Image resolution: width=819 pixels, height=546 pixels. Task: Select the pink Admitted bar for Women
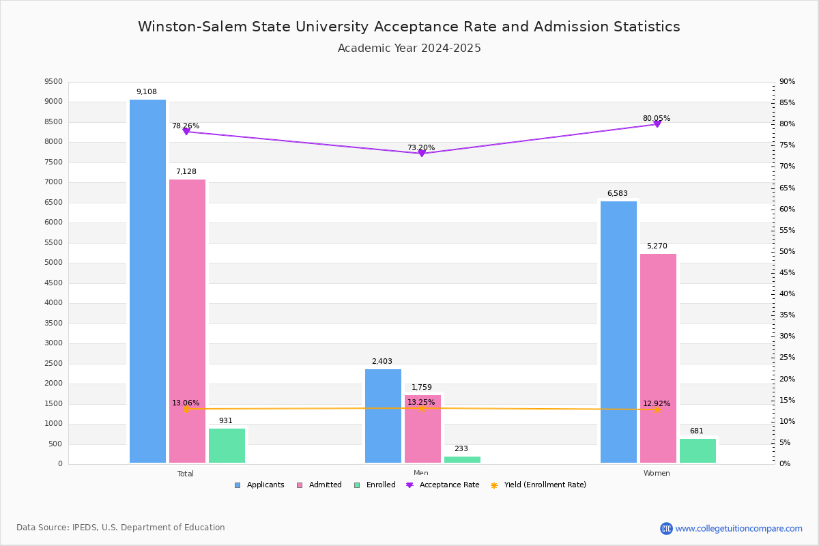point(658,358)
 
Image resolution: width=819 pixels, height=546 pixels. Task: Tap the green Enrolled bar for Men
point(462,459)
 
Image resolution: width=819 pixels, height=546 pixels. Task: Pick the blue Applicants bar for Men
point(383,416)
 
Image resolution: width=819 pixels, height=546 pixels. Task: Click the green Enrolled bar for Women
point(698,450)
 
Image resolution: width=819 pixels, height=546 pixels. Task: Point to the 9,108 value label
point(147,91)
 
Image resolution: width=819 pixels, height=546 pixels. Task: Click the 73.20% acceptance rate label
point(421,147)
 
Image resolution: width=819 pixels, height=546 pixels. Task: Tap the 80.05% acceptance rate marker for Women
point(657,124)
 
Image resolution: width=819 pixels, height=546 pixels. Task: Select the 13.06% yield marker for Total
point(186,409)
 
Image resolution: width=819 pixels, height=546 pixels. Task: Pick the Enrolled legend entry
point(375,485)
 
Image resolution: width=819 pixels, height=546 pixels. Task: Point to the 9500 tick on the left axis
point(53,82)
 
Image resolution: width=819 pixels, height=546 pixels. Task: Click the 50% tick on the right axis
point(787,252)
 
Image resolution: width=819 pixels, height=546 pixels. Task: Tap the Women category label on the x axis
point(657,474)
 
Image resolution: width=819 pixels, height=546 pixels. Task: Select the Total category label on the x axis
point(186,474)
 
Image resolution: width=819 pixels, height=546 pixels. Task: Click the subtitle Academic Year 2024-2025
point(409,48)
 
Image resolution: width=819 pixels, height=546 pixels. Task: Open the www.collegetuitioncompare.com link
point(738,528)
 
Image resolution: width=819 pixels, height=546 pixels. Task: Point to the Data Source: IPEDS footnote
point(121,528)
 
